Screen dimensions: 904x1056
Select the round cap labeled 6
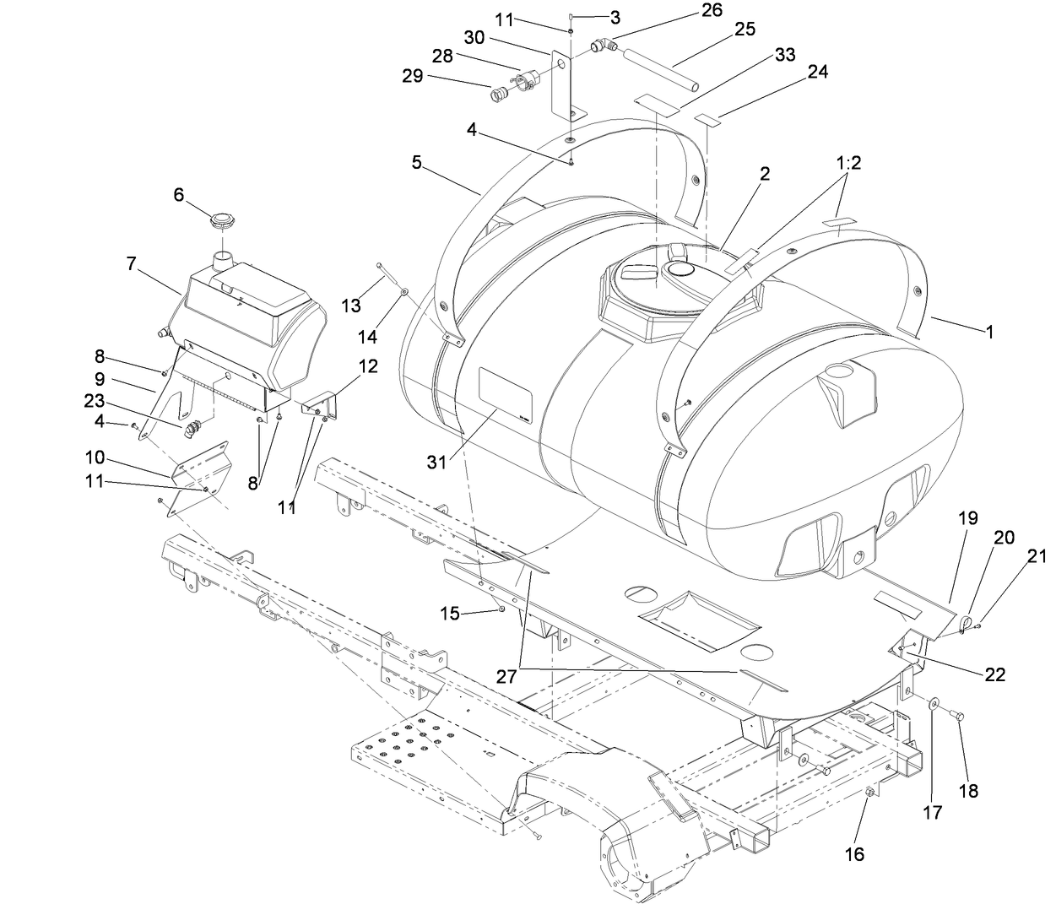pyautogui.click(x=223, y=227)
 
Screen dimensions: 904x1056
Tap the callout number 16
pyautogui.click(x=854, y=854)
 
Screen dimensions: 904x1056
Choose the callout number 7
pyautogui.click(x=131, y=263)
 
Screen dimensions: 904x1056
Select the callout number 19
pyautogui.click(x=969, y=517)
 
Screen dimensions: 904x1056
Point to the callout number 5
pyautogui.click(x=417, y=161)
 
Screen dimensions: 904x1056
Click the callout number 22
pyautogui.click(x=994, y=675)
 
